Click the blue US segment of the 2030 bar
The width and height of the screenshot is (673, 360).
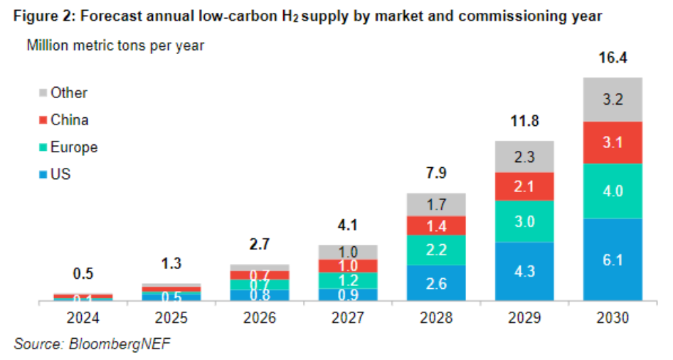pyautogui.click(x=613, y=260)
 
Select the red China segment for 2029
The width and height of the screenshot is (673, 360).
pyautogui.click(x=524, y=187)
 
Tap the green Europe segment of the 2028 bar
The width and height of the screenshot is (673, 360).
pyautogui.click(x=436, y=250)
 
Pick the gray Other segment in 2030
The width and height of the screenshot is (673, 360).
pyautogui.click(x=613, y=99)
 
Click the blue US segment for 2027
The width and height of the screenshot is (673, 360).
pyautogui.click(x=348, y=295)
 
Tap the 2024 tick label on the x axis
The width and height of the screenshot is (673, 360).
pyautogui.click(x=83, y=319)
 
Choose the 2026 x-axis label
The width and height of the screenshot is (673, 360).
pyautogui.click(x=260, y=319)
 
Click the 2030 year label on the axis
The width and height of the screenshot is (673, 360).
pyautogui.click(x=613, y=319)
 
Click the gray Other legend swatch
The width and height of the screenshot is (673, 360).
pyautogui.click(x=43, y=93)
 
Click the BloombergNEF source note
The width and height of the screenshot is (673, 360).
pyautogui.click(x=92, y=344)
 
